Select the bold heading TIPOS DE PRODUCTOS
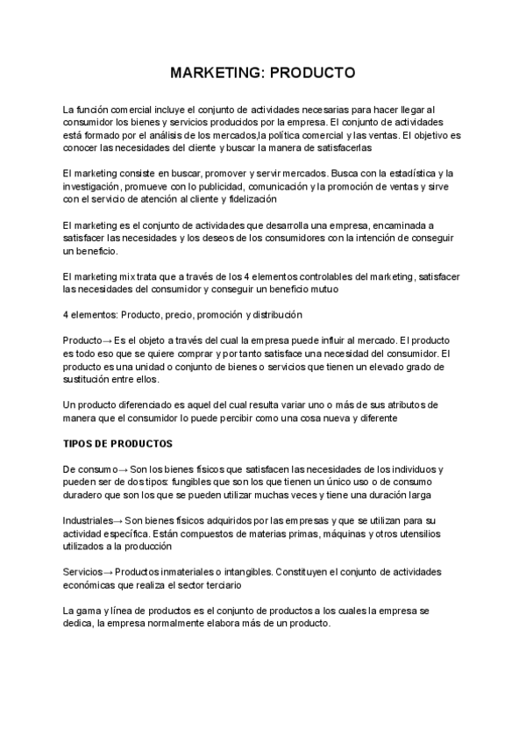click(x=118, y=443)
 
